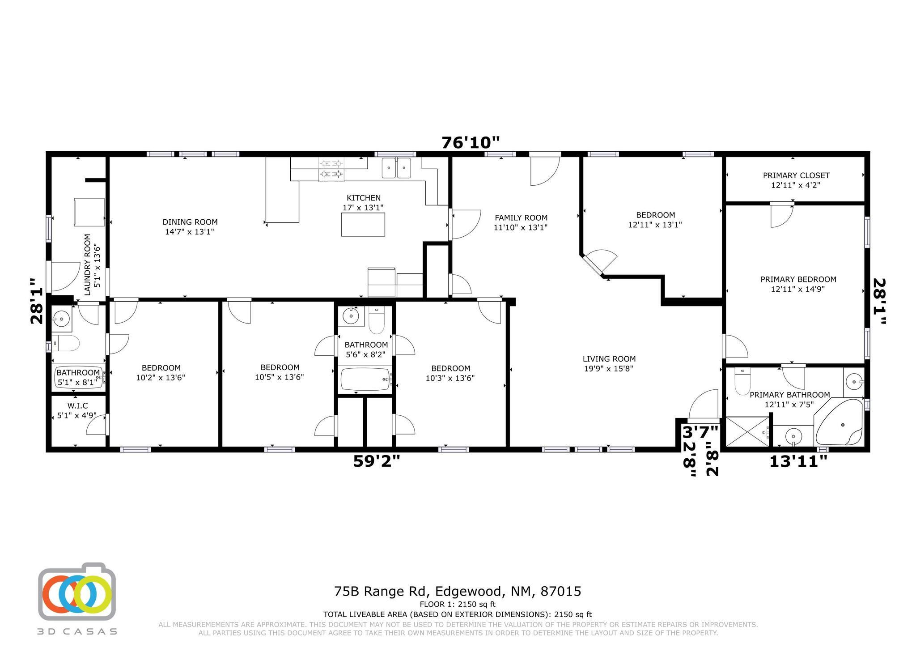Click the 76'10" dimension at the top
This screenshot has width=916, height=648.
[x=471, y=143]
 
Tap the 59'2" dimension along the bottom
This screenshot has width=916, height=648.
[x=377, y=461]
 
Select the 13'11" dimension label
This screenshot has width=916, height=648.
[x=798, y=461]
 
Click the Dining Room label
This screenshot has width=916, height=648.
[x=190, y=222]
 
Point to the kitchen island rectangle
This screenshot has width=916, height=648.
[x=363, y=224]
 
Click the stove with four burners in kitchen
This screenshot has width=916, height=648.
[x=331, y=170]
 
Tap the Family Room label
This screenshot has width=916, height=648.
[x=521, y=218]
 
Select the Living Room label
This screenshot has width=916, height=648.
[x=609, y=359]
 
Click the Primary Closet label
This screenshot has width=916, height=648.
[x=796, y=175]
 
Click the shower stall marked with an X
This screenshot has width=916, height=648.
[x=747, y=431]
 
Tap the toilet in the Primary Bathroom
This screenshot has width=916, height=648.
[x=742, y=381]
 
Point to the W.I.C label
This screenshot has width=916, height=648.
[x=77, y=406]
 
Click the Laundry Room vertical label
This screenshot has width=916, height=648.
[x=88, y=264]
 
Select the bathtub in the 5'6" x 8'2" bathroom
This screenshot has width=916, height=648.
[x=366, y=379]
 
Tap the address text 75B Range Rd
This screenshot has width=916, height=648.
[x=382, y=592]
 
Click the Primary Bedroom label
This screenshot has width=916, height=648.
[x=798, y=279]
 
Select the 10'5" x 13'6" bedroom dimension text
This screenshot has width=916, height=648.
[x=280, y=377]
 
